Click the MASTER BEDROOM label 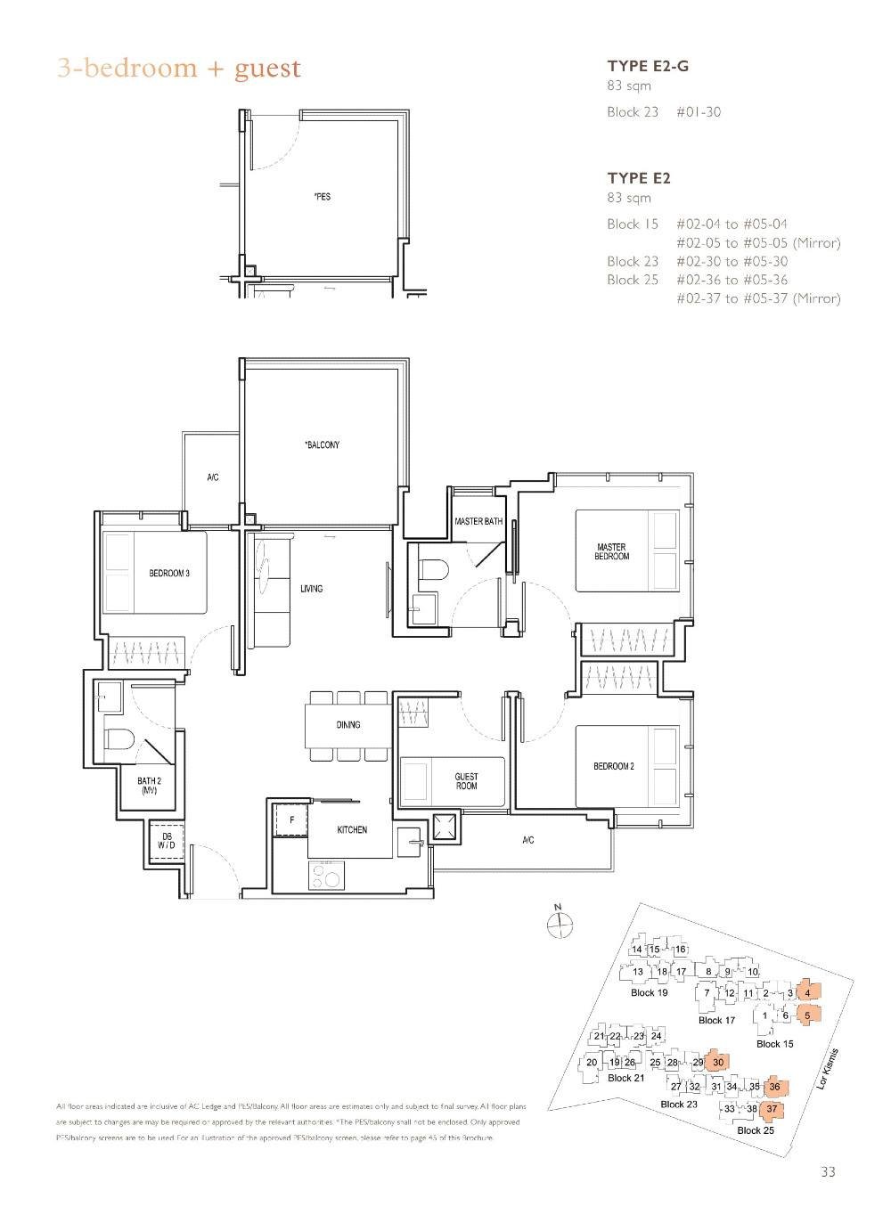[x=611, y=551]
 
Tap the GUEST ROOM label [x=466, y=781]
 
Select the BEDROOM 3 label [x=168, y=573]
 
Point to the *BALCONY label [x=322, y=444]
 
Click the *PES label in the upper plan [x=322, y=196]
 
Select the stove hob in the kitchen [x=326, y=877]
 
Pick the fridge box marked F [x=290, y=819]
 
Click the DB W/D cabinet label [x=166, y=841]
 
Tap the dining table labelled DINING [x=348, y=725]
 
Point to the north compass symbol [x=558, y=925]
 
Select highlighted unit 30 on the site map [x=717, y=1062]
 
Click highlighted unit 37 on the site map [x=772, y=1109]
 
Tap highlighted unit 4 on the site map [x=807, y=992]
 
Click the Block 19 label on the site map [x=649, y=992]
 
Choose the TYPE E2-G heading [x=648, y=65]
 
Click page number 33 [x=828, y=1172]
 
